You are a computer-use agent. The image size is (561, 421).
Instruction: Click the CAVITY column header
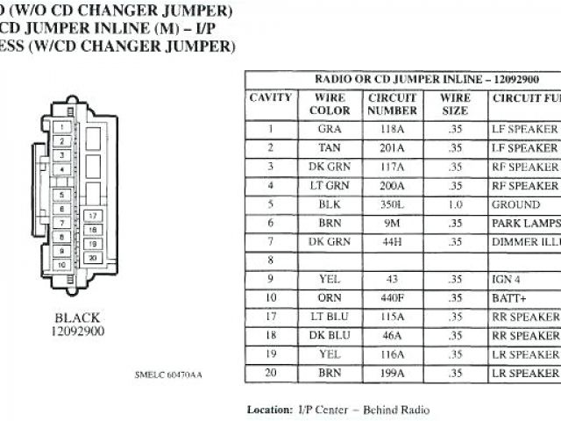coord(270,97)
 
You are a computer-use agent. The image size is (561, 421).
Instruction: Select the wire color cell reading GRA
coord(330,129)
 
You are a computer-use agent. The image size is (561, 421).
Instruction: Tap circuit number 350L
coord(392,205)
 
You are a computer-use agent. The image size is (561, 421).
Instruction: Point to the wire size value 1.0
coord(455,205)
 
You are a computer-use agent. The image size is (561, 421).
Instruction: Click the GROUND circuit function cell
coord(516,205)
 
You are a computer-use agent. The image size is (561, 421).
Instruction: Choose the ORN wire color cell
coord(330,297)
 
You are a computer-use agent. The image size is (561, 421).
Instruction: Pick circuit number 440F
coord(392,297)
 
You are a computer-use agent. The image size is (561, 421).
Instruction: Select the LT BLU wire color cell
coord(330,317)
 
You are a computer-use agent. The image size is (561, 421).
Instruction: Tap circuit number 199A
coord(392,374)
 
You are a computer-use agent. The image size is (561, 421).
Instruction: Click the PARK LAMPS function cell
coord(525,224)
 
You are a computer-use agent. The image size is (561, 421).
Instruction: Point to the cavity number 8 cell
coord(270,260)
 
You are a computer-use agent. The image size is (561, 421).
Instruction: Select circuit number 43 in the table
coord(392,279)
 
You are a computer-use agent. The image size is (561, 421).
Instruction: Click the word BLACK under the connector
coord(77,318)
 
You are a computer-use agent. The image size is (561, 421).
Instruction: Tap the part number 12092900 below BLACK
coord(77,332)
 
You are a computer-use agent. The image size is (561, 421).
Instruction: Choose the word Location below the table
coord(268,410)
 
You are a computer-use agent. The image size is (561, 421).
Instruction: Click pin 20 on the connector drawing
coord(91,258)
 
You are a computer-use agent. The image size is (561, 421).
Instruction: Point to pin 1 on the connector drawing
coord(61,126)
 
